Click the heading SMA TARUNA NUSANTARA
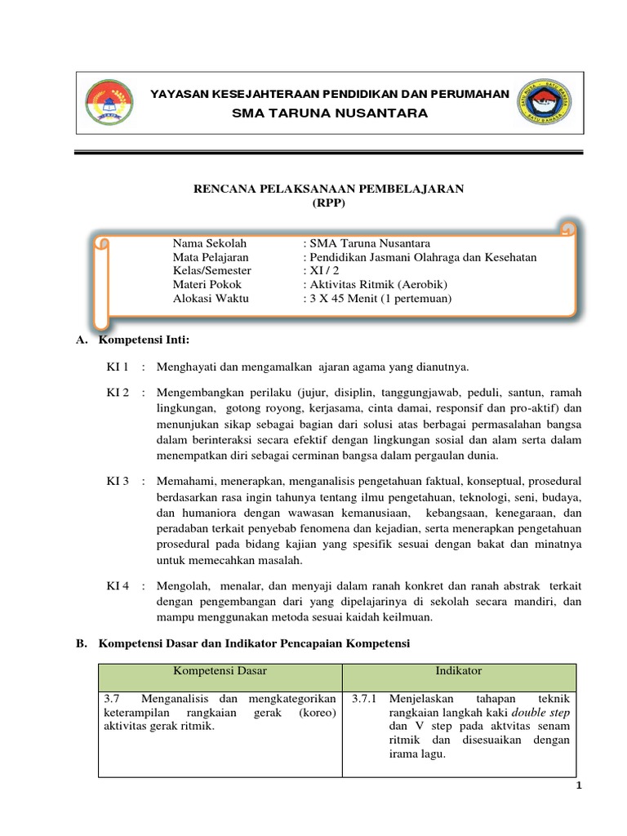coord(330,113)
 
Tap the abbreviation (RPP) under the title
coord(328,203)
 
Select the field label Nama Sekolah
coord(210,243)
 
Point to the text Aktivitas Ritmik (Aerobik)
coord(376,285)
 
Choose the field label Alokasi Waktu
coord(211,299)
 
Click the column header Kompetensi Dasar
coord(220,671)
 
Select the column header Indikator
coord(459,671)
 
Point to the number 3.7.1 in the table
coord(365,700)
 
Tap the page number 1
coord(579,785)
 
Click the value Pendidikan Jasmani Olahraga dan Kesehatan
coord(420,257)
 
